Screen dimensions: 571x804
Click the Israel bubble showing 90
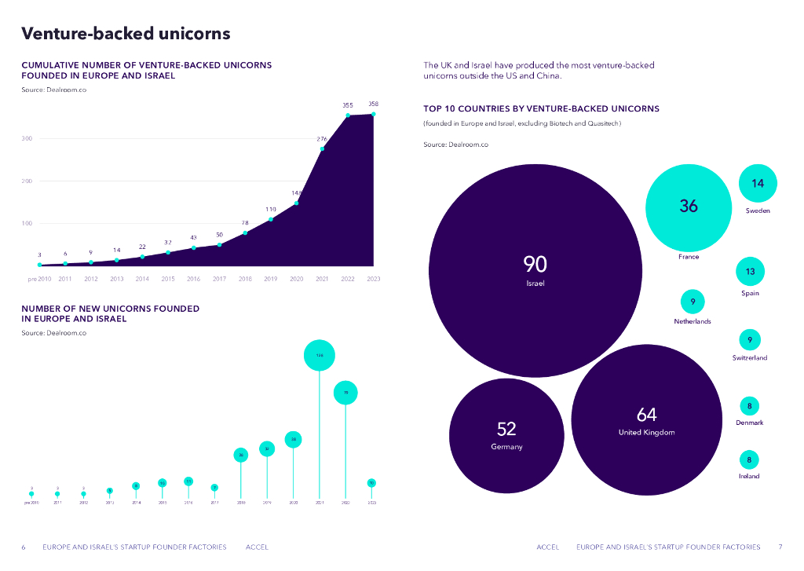click(x=535, y=271)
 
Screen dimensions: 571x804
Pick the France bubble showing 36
click(x=688, y=207)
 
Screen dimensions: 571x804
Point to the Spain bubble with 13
click(x=750, y=272)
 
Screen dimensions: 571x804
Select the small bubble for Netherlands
click(x=693, y=302)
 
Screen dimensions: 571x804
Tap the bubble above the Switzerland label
click(x=750, y=340)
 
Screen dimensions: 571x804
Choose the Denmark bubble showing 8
click(x=750, y=406)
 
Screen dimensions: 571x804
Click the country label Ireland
click(x=749, y=476)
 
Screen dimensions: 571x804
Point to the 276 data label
click(x=322, y=139)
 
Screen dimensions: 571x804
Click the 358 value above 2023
click(x=373, y=104)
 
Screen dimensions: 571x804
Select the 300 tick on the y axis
click(x=27, y=139)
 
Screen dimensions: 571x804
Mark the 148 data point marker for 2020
click(x=297, y=203)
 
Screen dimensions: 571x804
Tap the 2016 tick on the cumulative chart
click(x=193, y=279)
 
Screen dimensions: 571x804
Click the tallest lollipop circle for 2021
click(x=320, y=356)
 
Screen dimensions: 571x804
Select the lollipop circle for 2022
click(x=345, y=392)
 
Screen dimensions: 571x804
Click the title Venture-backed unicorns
click(x=126, y=34)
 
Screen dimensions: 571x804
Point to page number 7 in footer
click(x=780, y=547)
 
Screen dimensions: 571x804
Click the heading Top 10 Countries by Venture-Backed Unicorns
click(x=541, y=108)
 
